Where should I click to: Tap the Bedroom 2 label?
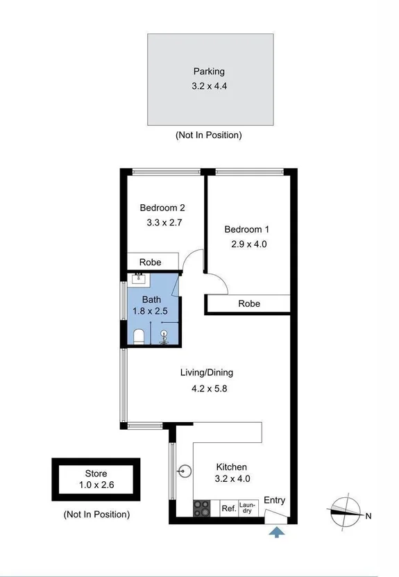point(162,207)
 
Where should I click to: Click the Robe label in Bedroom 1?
point(249,303)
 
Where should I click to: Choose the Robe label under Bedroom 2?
point(151,262)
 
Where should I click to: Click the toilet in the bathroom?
point(138,337)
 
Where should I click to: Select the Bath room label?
point(151,300)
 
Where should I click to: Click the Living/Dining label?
point(207,373)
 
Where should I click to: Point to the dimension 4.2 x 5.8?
point(210,389)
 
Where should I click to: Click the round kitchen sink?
point(183,471)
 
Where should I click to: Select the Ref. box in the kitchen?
point(228,509)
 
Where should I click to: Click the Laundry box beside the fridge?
point(247,508)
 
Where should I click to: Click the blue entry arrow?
point(277,532)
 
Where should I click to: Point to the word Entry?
point(274,500)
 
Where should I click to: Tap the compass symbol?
point(344,515)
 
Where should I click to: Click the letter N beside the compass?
point(369,515)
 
